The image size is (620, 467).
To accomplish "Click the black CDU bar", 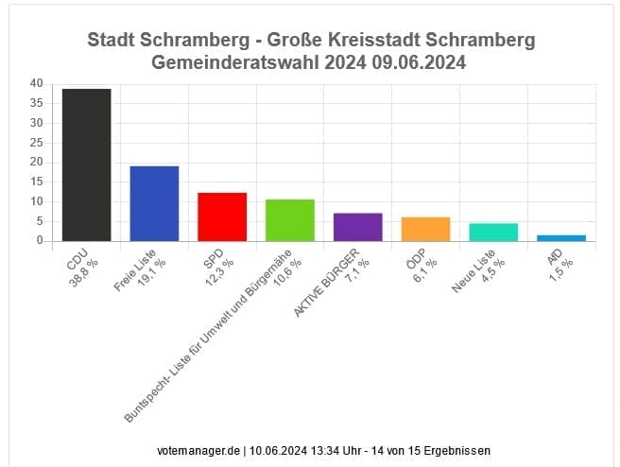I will pyautogui.click(x=87, y=164).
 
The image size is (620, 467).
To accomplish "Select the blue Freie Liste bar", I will pyautogui.click(x=154, y=203).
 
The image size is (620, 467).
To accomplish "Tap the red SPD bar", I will pyautogui.click(x=222, y=216).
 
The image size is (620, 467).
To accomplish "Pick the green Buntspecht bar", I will pyautogui.click(x=290, y=220).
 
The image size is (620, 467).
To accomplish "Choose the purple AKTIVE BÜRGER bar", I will pyautogui.click(x=358, y=227).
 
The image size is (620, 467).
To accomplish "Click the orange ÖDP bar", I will pyautogui.click(x=426, y=229).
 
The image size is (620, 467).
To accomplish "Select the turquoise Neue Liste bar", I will pyautogui.click(x=494, y=232).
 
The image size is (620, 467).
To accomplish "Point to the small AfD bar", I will pyautogui.click(x=562, y=237).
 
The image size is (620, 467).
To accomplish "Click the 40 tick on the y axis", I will pyautogui.click(x=36, y=83).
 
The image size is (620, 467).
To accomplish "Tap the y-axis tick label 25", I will pyautogui.click(x=36, y=142).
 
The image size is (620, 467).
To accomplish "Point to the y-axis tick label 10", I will pyautogui.click(x=36, y=201).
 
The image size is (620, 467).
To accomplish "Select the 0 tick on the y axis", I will pyautogui.click(x=40, y=240).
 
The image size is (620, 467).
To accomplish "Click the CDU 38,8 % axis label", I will pyautogui.click(x=79, y=268).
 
